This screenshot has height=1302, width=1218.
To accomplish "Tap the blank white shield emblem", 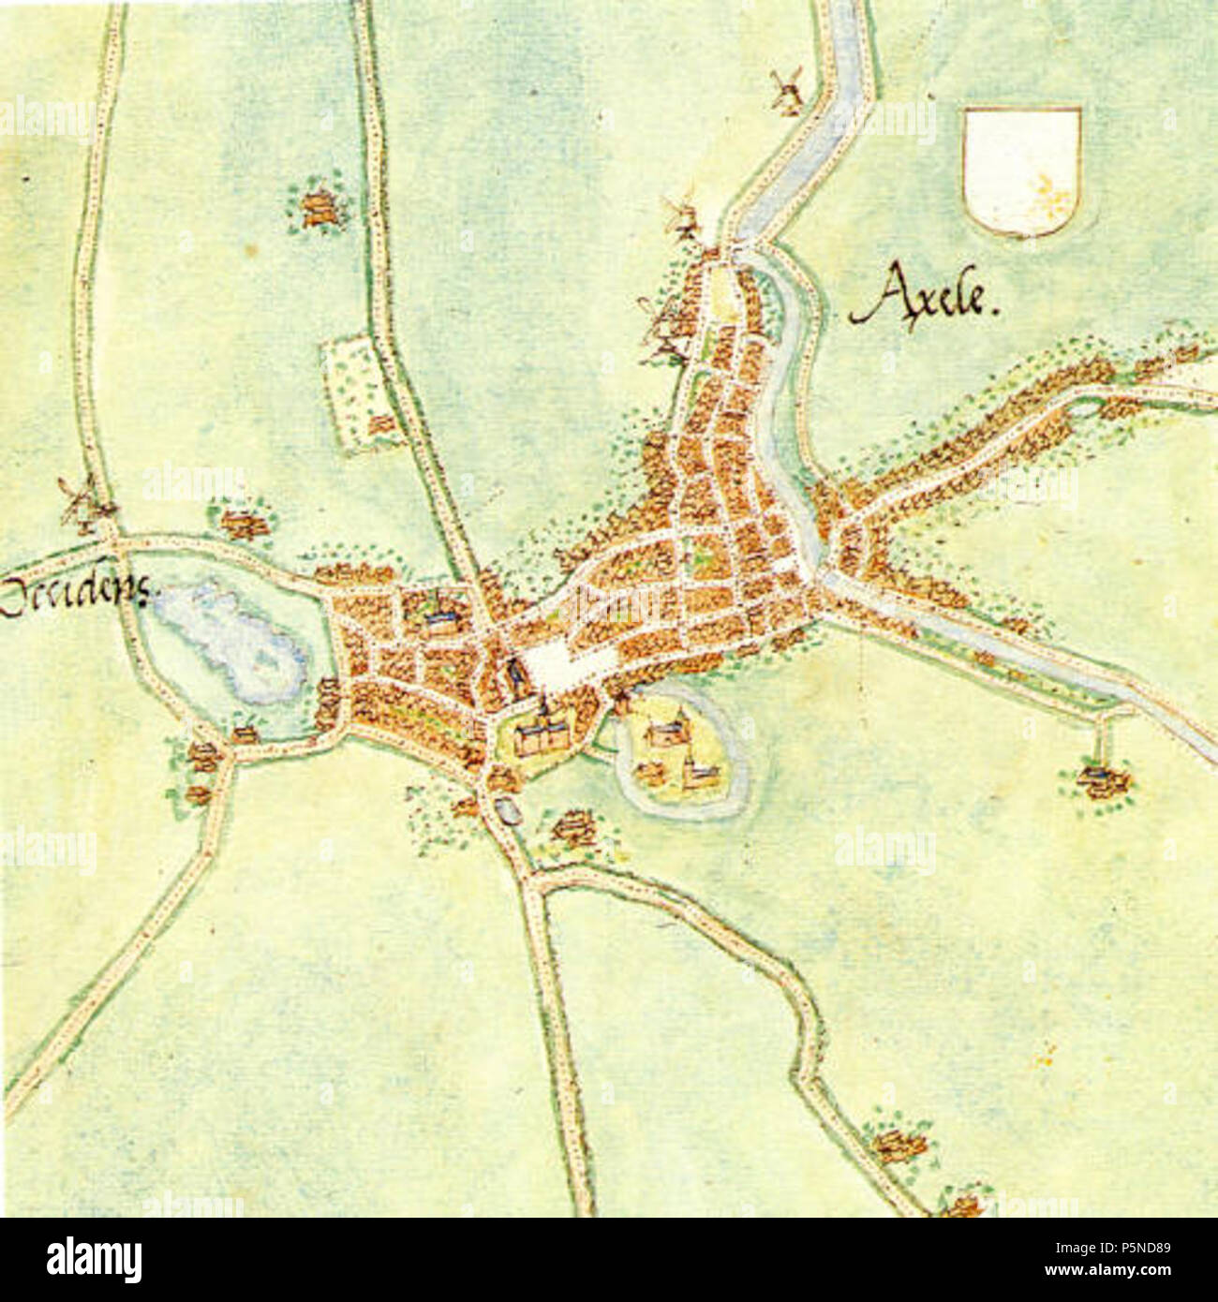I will tap(1022, 170).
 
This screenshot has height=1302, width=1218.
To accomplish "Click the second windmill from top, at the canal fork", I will tap(681, 217).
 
